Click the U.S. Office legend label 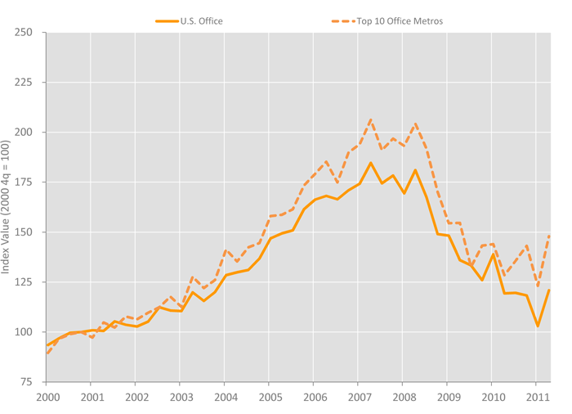coord(201,21)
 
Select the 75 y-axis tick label coord(25,382)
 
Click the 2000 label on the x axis coord(46,397)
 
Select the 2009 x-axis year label coord(447,397)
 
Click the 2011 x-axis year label coord(536,397)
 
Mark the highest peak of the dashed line coord(370,119)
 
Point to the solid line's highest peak coord(370,163)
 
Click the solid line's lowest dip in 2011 coord(538,326)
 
